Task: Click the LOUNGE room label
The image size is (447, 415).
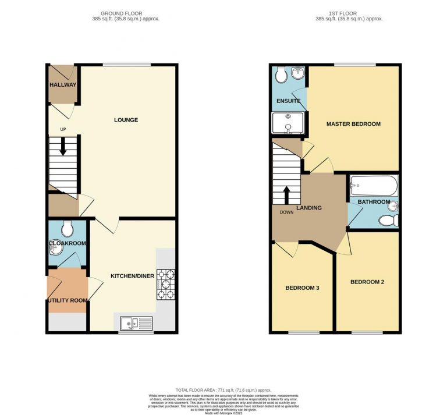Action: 126,120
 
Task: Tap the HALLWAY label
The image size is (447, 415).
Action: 62,84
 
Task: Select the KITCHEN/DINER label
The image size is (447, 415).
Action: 132,276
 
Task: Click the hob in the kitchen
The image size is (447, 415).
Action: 165,285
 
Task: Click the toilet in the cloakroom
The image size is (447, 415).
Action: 67,228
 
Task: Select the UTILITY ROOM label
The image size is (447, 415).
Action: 68,300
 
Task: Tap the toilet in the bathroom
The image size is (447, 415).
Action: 386,220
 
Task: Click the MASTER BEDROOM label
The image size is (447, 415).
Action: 353,124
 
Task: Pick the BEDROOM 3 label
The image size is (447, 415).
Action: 302,288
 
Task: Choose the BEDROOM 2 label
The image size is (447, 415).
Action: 367,282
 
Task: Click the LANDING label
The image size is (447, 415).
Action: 308,208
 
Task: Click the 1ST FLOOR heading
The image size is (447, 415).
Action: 334,13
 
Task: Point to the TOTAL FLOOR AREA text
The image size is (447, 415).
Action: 223,389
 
